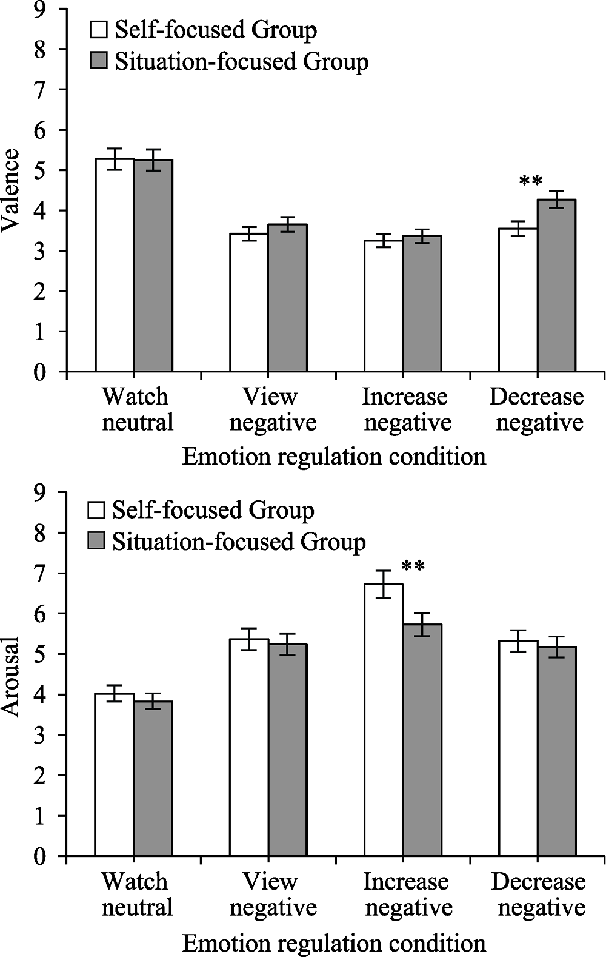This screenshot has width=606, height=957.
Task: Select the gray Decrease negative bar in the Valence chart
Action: pos(556,285)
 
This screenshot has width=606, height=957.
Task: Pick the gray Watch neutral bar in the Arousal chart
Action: pos(153,779)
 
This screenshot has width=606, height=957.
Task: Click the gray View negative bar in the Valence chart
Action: pos(287,297)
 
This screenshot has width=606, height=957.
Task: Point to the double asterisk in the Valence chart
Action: pos(531,181)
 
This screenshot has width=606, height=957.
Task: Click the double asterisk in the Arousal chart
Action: pos(413,567)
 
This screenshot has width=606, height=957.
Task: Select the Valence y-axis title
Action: pos(11,190)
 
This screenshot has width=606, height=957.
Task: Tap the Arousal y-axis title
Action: pos(11,676)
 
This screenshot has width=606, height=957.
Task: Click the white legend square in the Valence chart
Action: pos(98,29)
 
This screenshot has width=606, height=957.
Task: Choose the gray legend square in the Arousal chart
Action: pos(97,541)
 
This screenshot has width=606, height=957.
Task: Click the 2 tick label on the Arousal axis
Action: pos(40,775)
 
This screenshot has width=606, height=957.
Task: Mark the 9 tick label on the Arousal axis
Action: pos(40,492)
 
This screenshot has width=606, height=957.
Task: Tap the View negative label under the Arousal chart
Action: pos(273,895)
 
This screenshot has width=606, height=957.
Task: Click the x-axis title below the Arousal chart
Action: pos(334,943)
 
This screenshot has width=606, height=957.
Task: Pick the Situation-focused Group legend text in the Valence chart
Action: pos(241,61)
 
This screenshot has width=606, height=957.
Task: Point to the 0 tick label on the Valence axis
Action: pos(40,372)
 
